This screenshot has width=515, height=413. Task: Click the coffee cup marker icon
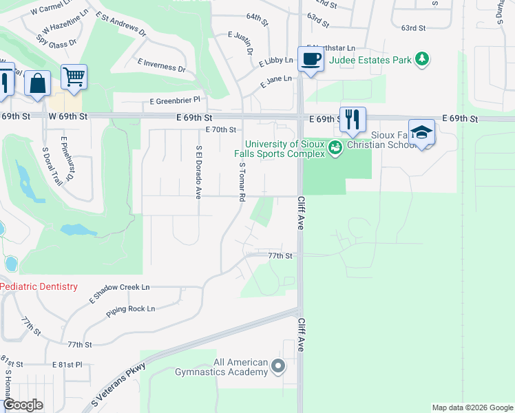coord(311,59)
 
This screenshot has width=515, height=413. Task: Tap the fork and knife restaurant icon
coord(353,118)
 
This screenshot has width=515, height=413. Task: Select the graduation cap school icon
coord(421,131)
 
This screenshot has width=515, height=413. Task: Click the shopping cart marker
coord(74,76)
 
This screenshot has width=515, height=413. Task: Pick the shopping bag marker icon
coord(38,83)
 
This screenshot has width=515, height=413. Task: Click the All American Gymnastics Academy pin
coord(278,367)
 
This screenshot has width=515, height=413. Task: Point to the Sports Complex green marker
coord(335,147)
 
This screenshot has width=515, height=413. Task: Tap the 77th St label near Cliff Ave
coord(280,255)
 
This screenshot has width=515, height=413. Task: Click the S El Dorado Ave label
coord(198,171)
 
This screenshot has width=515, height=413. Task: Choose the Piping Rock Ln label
coord(131,309)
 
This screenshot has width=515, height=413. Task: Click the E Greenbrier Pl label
coord(174,100)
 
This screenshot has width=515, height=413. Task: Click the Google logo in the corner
coord(23,405)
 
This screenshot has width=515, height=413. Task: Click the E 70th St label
coord(221,129)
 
